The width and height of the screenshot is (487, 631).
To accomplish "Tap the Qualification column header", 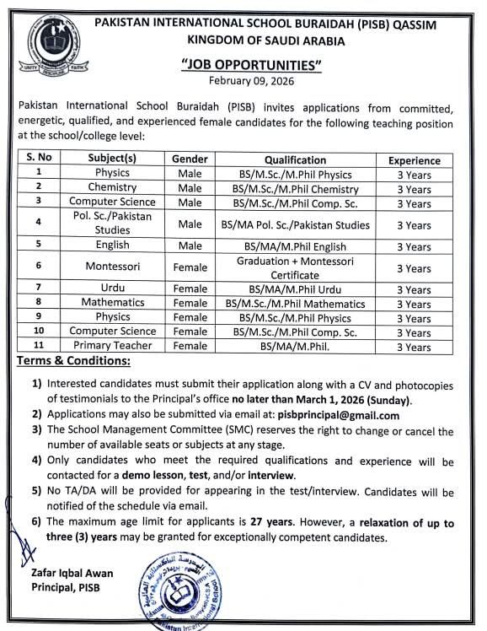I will click(295, 159).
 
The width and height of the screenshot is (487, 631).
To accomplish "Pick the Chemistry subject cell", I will click(112, 187).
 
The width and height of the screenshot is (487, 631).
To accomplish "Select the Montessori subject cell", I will click(112, 267).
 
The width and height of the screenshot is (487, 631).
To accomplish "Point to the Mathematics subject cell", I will click(112, 303).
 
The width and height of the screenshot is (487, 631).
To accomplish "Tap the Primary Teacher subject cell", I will click(112, 346).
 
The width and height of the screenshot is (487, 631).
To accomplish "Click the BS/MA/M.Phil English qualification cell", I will click(295, 246).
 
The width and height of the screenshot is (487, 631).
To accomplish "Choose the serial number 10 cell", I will click(38, 332).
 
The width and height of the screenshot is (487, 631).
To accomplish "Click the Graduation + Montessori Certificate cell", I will click(295, 267).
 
